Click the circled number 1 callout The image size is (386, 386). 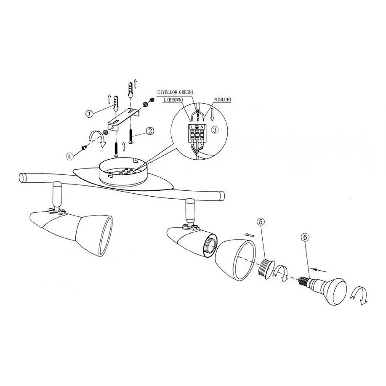(89, 114)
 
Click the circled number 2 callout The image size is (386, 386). (150, 131)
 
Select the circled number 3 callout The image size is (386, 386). (215, 130)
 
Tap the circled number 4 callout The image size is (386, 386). (69, 156)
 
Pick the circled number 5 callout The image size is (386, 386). (261, 222)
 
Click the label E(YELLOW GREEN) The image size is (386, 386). (175, 92)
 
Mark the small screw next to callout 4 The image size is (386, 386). (84, 147)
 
